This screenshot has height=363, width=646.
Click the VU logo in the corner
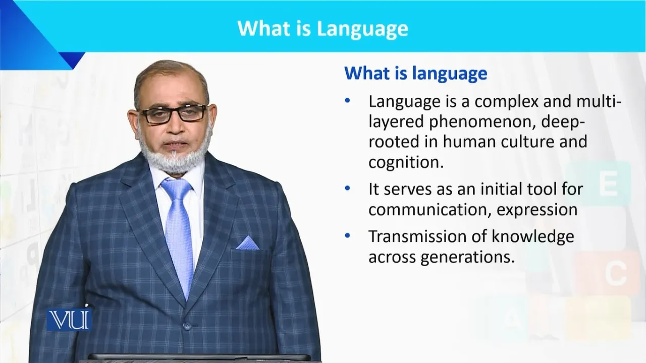tap(69, 320)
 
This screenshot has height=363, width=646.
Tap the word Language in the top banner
tap(362, 29)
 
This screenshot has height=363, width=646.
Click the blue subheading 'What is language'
tap(416, 74)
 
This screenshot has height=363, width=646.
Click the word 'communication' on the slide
tap(429, 210)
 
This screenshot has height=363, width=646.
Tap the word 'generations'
tap(467, 257)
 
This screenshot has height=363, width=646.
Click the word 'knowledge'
tap(533, 237)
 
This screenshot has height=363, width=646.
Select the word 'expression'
tap(537, 210)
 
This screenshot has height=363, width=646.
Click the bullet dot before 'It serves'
tap(348, 189)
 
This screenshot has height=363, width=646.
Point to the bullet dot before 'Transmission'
tap(348, 235)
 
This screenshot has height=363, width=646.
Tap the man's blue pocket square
tap(247, 243)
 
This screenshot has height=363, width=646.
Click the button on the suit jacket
tap(187, 326)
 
